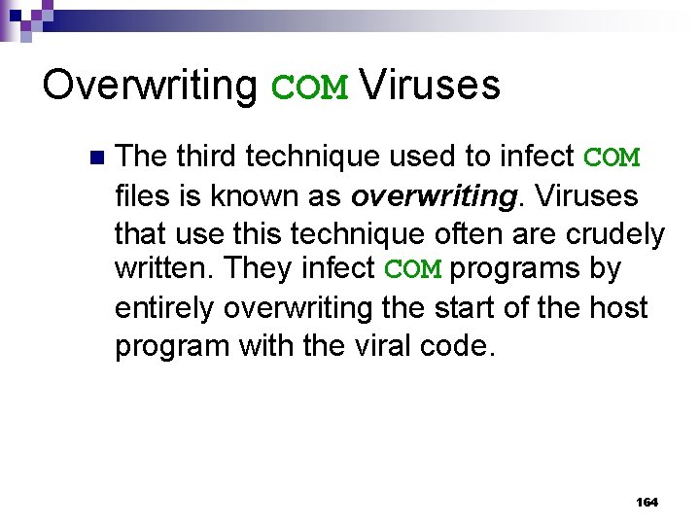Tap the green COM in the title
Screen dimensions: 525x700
tap(308, 87)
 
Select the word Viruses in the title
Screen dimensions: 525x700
tap(429, 86)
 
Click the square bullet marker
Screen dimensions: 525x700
tap(94, 157)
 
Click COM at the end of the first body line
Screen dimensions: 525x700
tap(611, 157)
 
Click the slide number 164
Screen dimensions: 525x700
tap(647, 502)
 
